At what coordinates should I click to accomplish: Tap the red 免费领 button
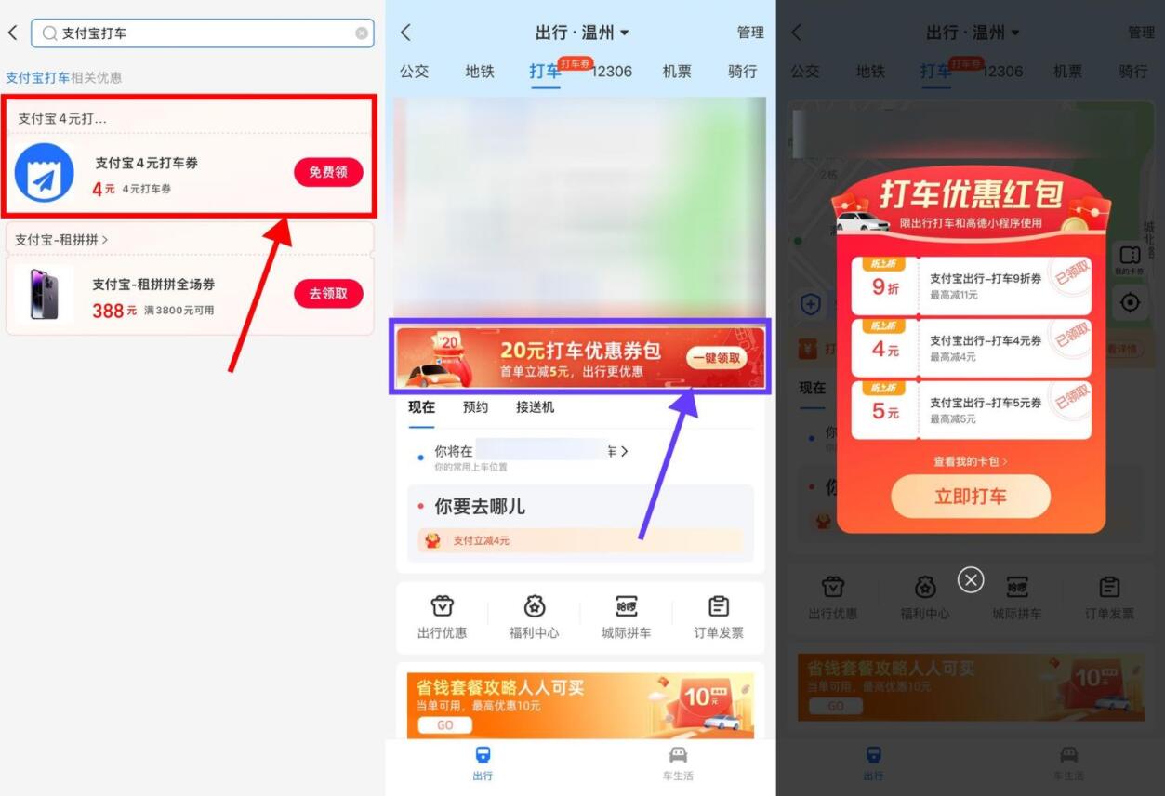[328, 172]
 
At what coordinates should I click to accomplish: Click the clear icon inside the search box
[362, 33]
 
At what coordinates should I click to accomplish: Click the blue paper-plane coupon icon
[44, 174]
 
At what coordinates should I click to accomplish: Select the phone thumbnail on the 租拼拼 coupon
[44, 294]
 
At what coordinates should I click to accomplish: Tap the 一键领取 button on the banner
[716, 358]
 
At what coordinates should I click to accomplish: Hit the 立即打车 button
[971, 497]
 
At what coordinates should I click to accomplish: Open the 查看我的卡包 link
[970, 461]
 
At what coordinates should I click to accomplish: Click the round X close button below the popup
[971, 580]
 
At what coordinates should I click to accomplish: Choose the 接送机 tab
[535, 407]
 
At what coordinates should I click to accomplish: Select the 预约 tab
[475, 407]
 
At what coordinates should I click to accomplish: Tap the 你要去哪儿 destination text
[480, 507]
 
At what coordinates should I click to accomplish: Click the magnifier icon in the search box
[49, 33]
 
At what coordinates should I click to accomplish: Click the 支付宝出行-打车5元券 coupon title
[986, 403]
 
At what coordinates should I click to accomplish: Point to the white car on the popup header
[862, 222]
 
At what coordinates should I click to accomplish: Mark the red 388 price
[108, 311]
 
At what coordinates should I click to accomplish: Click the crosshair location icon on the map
[1131, 302]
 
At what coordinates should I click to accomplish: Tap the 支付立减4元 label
[481, 540]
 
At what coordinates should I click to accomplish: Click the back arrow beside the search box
[13, 33]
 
